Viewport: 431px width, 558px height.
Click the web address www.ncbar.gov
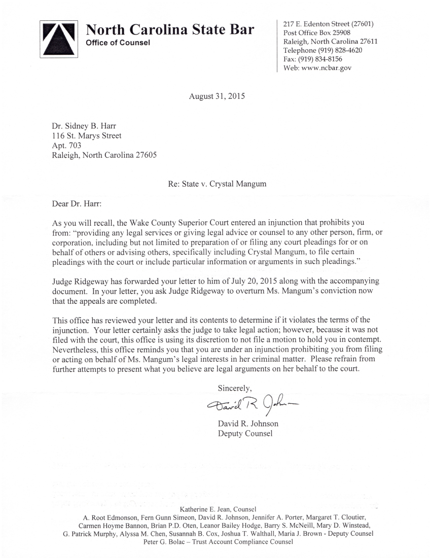327,67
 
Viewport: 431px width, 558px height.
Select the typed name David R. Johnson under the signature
248,424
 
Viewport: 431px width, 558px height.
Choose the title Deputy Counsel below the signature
245,433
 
